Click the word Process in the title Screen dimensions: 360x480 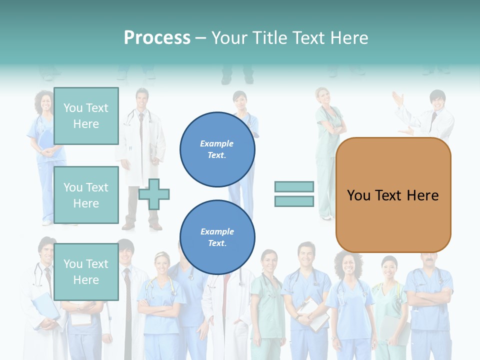pyautogui.click(x=157, y=38)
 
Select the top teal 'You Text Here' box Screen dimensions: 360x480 pyautogui.click(x=86, y=116)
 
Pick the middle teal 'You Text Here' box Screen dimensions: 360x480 pyautogui.click(x=86, y=195)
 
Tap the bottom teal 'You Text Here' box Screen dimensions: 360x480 pyautogui.click(x=86, y=271)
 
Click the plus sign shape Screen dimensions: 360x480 pyautogui.click(x=154, y=194)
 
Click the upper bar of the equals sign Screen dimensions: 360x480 pyautogui.click(x=294, y=186)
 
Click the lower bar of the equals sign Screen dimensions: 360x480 pyautogui.click(x=294, y=201)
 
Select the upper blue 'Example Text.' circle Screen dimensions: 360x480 pyautogui.click(x=217, y=149)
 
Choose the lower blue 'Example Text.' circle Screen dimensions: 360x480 pyautogui.click(x=217, y=237)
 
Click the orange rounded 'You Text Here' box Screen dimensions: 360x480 pyautogui.click(x=393, y=195)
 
